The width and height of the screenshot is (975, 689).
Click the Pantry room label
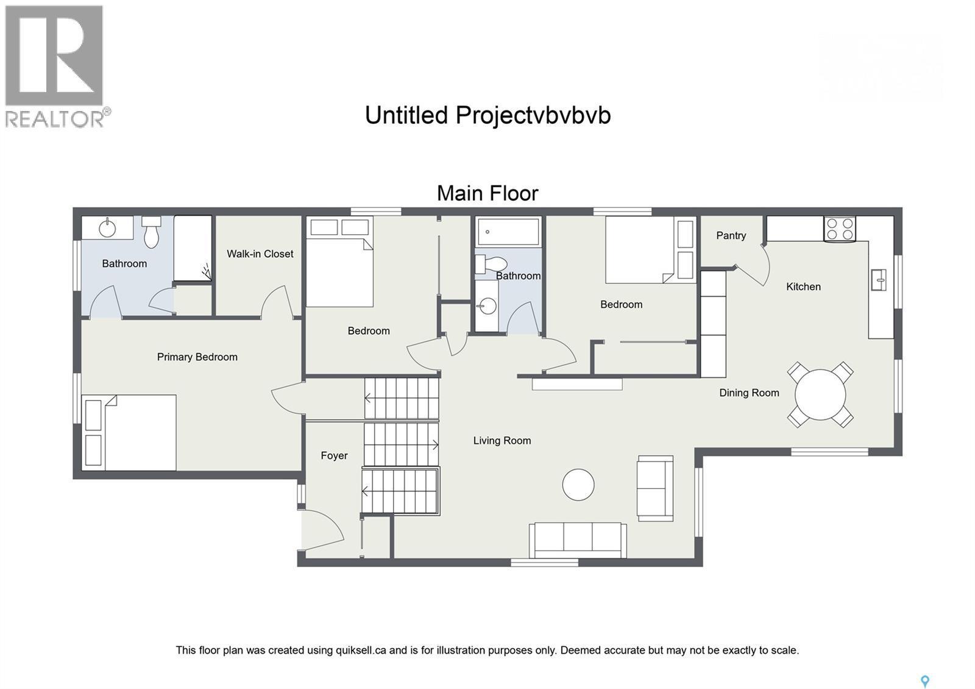point(731,235)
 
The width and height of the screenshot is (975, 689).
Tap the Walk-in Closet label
point(260,254)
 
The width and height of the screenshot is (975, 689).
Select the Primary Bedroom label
point(197,357)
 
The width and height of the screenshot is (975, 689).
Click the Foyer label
point(334,455)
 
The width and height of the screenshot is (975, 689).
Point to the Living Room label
point(502,440)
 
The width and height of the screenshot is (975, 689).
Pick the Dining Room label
point(749,393)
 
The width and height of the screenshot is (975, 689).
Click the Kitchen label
point(803,287)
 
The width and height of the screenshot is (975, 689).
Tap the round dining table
point(820,394)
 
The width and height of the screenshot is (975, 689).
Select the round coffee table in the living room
point(578,485)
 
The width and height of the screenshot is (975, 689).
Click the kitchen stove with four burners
point(839,229)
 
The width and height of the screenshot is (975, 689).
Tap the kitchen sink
point(878,280)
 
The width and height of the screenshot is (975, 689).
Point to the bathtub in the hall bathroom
point(508,232)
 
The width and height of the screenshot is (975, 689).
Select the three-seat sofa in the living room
point(578,539)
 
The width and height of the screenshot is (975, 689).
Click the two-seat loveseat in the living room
point(655,488)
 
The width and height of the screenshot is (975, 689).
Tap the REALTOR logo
point(56,66)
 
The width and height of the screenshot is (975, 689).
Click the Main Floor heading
point(487,193)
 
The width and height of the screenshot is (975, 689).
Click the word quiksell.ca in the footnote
point(361,650)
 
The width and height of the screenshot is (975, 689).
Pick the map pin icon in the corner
point(924,681)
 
